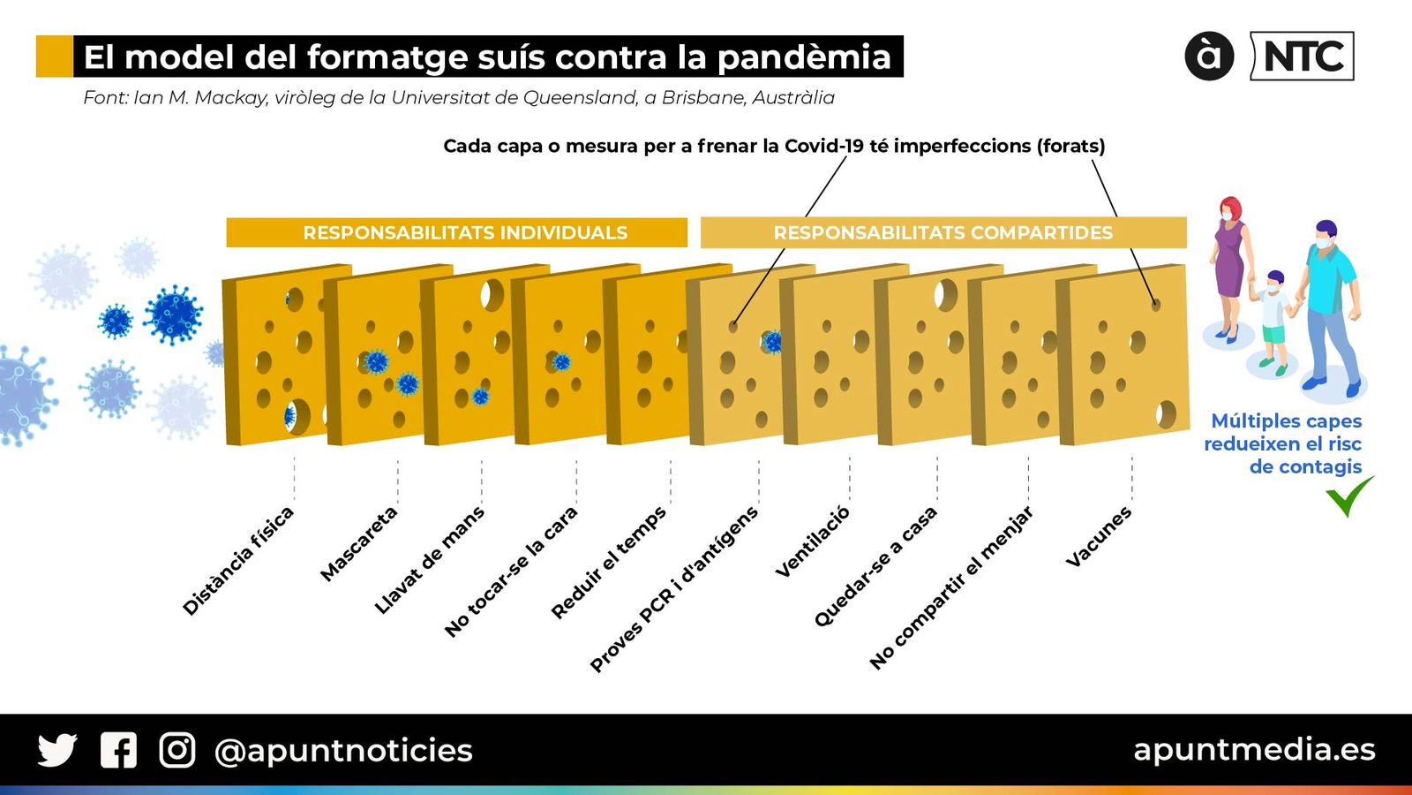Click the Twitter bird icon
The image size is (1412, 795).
57,750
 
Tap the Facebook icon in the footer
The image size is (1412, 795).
118,750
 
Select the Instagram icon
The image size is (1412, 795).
176,750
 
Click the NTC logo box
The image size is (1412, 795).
1303,57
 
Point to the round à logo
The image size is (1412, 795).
1208,57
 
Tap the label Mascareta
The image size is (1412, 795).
358,543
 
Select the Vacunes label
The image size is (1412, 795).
1098,536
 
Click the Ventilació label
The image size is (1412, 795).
812,541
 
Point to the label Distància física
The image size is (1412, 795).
237,561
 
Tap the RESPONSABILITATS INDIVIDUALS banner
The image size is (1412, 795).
465,232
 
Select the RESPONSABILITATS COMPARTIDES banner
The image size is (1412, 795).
943,232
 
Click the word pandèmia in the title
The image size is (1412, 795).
803,57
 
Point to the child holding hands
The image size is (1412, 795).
1273,318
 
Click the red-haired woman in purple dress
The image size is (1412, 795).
1229,265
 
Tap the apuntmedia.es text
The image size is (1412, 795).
1253,749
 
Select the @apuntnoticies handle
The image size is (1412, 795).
343,751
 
